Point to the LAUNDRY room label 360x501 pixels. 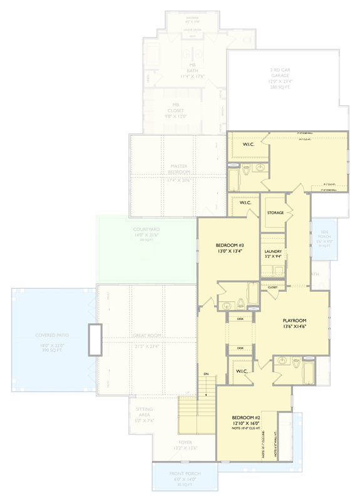[272, 251]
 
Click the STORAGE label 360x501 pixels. [275, 213]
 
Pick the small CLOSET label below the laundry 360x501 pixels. [272, 287]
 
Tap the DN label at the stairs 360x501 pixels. [206, 374]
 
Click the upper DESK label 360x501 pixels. [240, 319]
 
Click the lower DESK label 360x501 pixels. [240, 348]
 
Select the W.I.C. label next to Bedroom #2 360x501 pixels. [243, 371]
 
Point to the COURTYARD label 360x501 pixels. [146, 230]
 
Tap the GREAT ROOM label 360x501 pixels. [146, 336]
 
